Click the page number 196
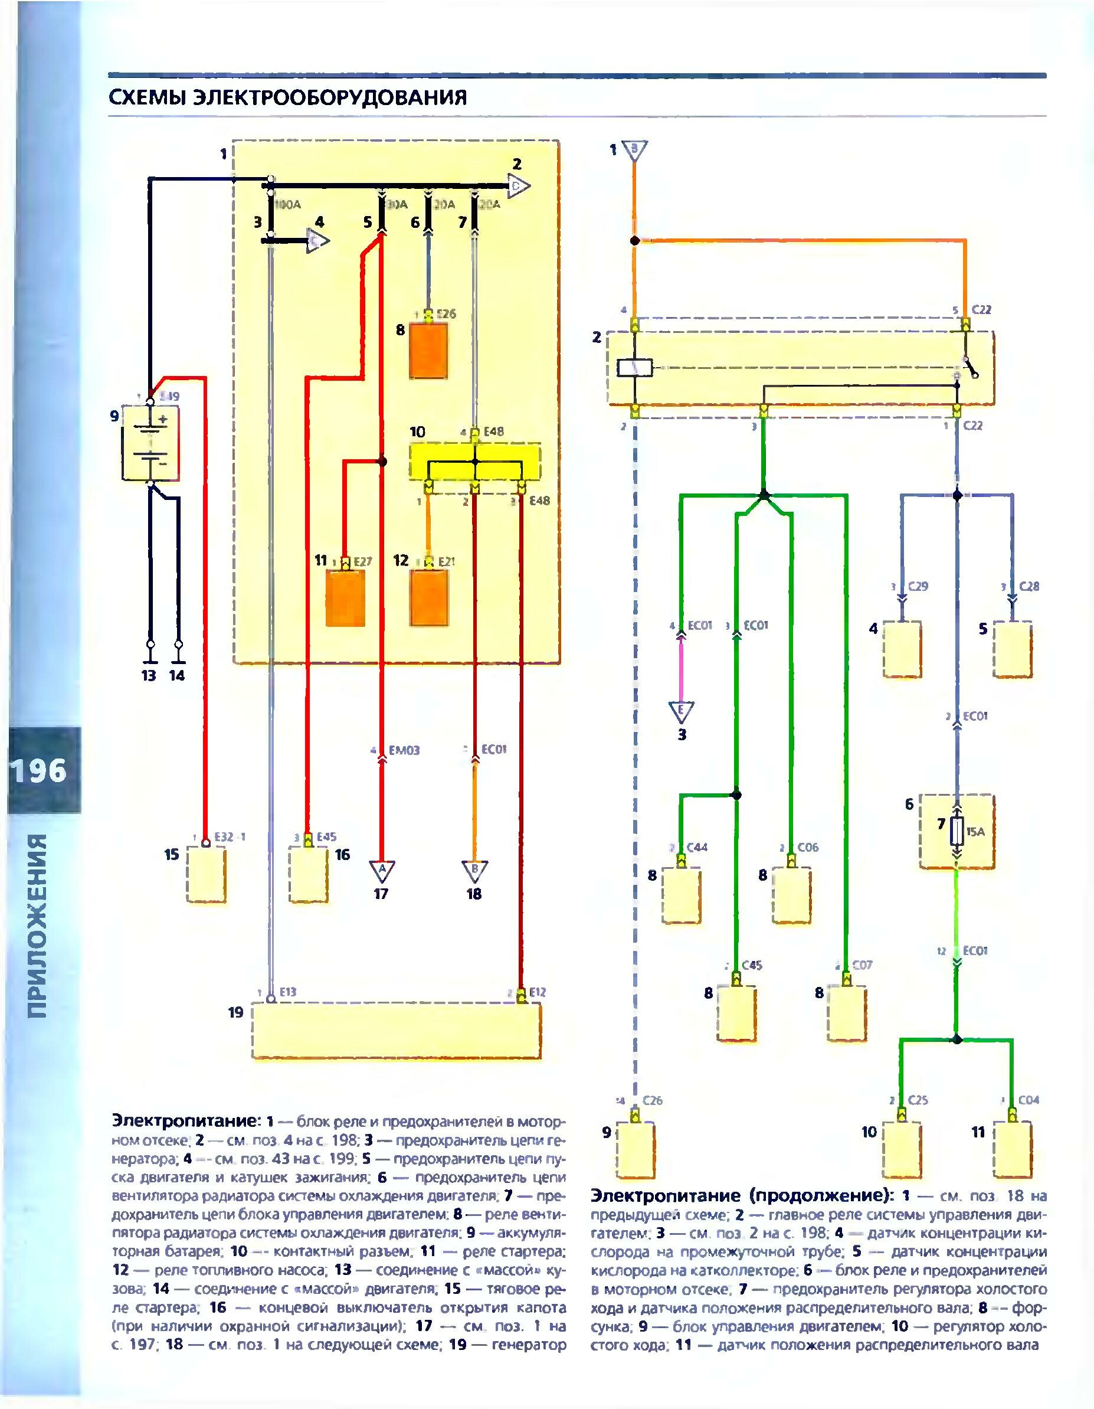point(40,770)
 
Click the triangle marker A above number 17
point(381,869)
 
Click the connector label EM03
point(404,750)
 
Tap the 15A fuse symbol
point(957,832)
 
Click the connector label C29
point(918,586)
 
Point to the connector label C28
point(1029,586)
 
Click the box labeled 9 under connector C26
point(636,1152)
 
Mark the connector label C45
point(752,965)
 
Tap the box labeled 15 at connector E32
point(207,876)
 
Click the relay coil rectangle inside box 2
point(635,368)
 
